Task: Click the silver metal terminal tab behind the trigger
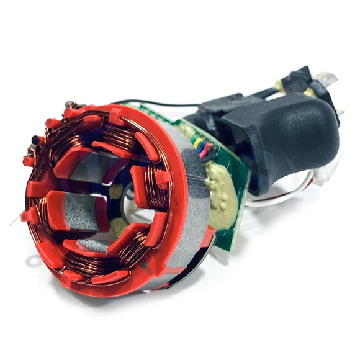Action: pos(326,79)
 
